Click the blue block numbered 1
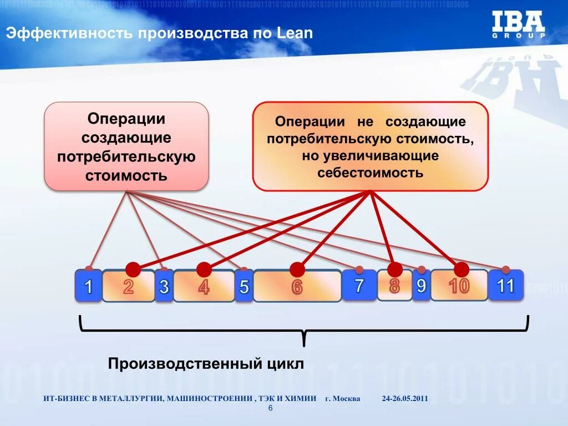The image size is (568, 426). (88, 286)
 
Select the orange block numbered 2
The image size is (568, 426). (128, 287)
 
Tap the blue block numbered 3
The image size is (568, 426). (164, 287)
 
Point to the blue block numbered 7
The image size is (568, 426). (359, 286)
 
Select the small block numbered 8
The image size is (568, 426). (394, 286)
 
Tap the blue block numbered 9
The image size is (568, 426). (421, 286)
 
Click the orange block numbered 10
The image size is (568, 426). (459, 286)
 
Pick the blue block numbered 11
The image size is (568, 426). (505, 286)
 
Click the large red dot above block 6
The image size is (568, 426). (297, 270)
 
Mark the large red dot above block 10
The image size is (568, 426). (461, 270)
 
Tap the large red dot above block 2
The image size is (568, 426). (133, 270)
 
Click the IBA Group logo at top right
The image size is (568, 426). (518, 24)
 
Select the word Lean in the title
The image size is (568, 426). (295, 33)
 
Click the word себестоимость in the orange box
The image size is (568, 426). (370, 173)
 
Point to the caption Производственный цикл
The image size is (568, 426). (206, 364)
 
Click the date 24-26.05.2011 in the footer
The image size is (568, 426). (405, 399)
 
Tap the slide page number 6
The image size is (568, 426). (270, 408)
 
